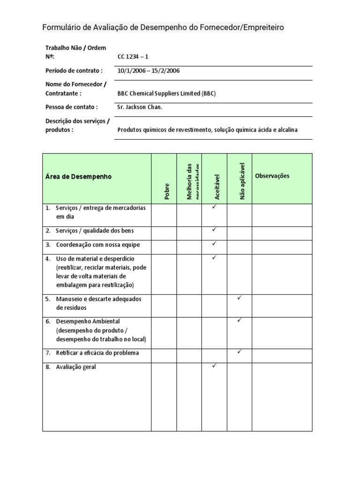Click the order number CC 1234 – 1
133,57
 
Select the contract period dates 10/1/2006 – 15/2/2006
149,71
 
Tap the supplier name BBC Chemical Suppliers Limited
166,93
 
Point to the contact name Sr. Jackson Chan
140,107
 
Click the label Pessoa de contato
71,107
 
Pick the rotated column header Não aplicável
242,181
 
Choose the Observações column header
272,176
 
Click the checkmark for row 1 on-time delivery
214,207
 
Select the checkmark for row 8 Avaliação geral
214,366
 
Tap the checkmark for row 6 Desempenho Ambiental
240,320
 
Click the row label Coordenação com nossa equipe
98,245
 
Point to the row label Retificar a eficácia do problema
97,353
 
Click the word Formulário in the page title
61,28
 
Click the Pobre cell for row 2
164,233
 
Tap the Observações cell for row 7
282,355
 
